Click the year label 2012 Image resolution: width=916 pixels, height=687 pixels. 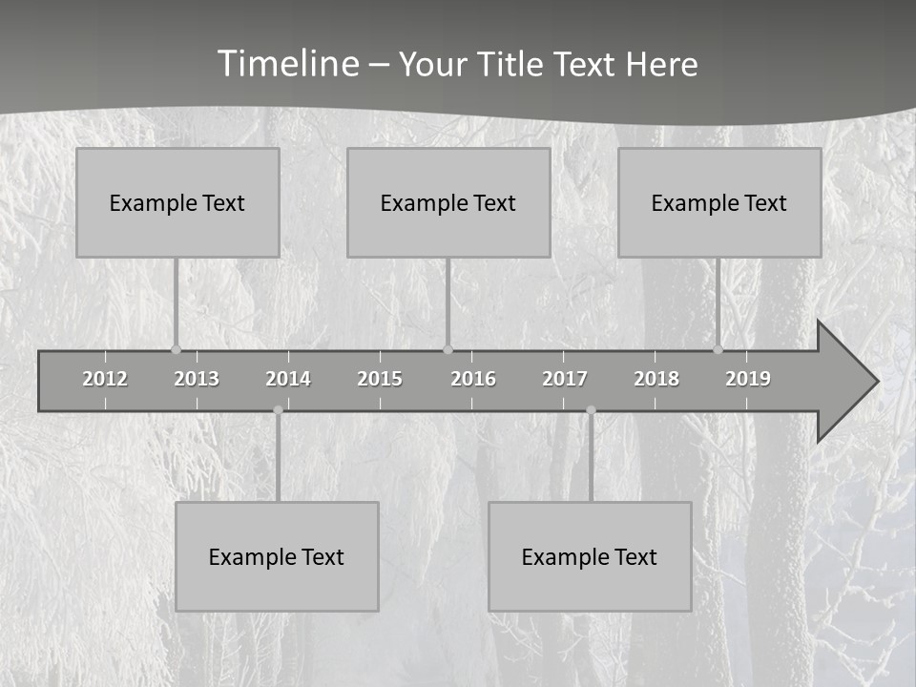click(x=105, y=379)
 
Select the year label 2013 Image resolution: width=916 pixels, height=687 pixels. click(x=197, y=379)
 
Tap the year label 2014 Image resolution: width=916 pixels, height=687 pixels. click(x=288, y=379)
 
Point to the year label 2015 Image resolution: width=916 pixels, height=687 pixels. click(x=380, y=379)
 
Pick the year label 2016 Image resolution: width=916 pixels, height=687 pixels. click(x=473, y=379)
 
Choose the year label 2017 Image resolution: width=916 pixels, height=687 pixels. click(x=565, y=379)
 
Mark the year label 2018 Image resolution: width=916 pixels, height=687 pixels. click(x=656, y=379)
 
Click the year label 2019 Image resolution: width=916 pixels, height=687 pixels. click(x=748, y=379)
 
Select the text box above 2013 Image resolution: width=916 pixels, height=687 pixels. click(x=177, y=202)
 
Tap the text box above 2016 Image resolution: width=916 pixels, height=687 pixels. click(x=448, y=202)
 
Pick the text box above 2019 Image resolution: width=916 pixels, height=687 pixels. click(x=719, y=202)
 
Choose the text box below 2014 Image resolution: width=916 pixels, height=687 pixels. click(x=277, y=556)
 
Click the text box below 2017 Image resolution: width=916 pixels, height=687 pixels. click(x=590, y=556)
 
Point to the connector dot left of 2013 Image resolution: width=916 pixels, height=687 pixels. click(x=176, y=349)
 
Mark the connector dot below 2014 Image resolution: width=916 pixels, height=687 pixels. click(x=278, y=410)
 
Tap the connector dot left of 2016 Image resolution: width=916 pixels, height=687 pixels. click(x=448, y=349)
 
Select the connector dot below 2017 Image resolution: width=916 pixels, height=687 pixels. click(x=591, y=410)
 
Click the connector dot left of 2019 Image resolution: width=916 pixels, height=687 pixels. click(x=718, y=349)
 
